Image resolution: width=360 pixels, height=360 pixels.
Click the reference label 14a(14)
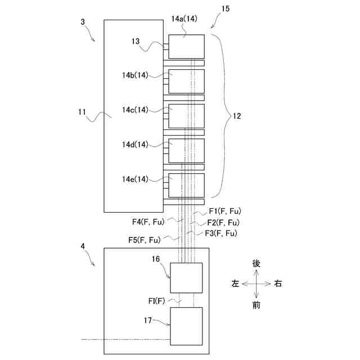point(183,19)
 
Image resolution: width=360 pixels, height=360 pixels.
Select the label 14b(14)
point(135,75)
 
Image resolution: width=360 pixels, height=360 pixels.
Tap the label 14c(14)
point(135,110)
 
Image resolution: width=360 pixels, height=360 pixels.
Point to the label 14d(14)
point(135,145)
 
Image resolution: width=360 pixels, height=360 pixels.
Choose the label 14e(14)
point(135,179)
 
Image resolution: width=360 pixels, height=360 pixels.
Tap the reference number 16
point(156,259)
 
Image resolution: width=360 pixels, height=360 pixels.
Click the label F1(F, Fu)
point(224,211)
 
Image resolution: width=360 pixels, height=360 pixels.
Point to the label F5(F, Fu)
point(145,241)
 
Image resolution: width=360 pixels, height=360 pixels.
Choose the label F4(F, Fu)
point(148,222)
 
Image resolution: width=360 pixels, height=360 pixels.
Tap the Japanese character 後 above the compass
point(256,264)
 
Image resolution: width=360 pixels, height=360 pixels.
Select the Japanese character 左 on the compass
point(235,285)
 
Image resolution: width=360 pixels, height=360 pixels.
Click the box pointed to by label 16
point(186,278)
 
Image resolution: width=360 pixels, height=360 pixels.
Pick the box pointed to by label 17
point(186,326)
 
